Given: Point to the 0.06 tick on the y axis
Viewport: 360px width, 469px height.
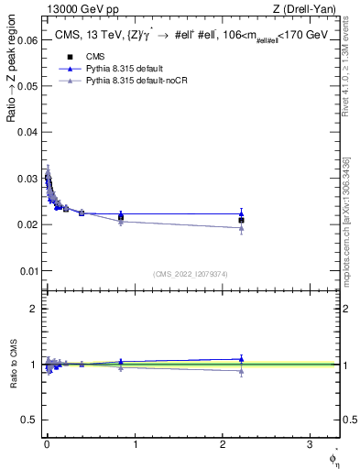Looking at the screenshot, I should pyautogui.click(x=26, y=40).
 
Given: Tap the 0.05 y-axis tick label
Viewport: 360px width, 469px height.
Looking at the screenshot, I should pyautogui.click(x=26, y=86).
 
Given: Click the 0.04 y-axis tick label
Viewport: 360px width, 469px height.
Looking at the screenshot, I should pyautogui.click(x=26, y=133).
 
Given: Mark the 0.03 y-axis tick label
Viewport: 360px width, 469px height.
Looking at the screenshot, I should pyautogui.click(x=26, y=179).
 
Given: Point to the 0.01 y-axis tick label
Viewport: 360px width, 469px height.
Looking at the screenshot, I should pyautogui.click(x=26, y=271).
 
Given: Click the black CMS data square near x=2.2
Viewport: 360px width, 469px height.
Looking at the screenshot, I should pyautogui.click(x=241, y=220).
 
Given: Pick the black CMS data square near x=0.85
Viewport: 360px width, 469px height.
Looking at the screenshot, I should pyautogui.click(x=121, y=217).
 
